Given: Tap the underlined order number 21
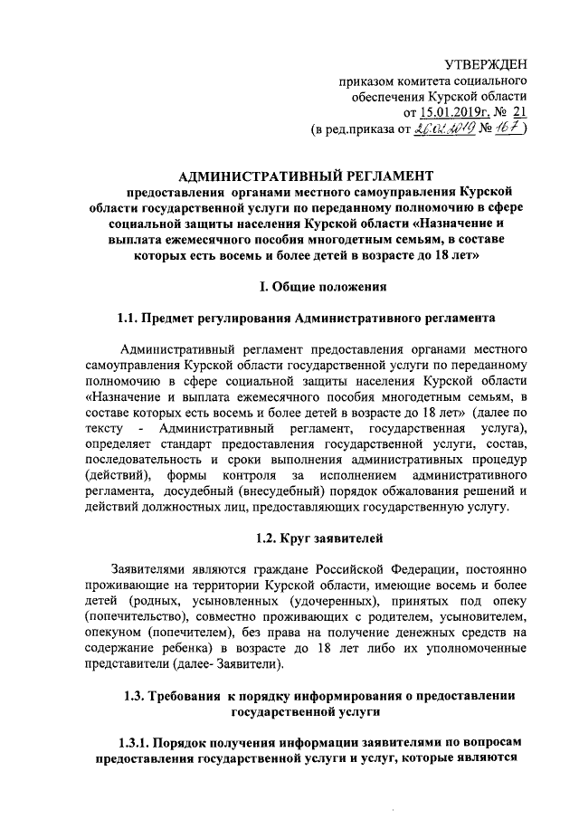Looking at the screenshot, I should (x=517, y=112).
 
